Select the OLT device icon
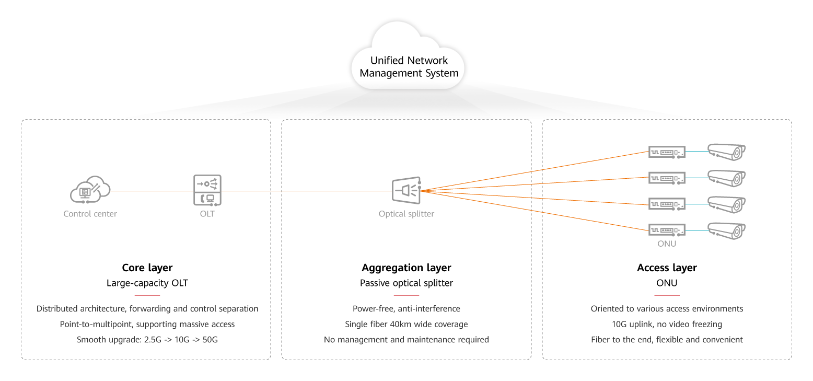(207, 190)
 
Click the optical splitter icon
(406, 190)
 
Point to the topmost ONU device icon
(667, 152)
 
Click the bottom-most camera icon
(726, 230)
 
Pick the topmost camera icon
(726, 152)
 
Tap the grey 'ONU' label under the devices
(667, 244)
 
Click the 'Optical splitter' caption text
(406, 214)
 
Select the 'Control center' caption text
(90, 214)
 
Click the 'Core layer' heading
(147, 268)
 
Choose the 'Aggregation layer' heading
(406, 268)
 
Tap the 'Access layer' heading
(667, 268)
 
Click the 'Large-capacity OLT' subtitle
(147, 283)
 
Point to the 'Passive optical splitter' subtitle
(406, 283)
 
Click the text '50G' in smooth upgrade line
(209, 340)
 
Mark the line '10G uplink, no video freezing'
(667, 325)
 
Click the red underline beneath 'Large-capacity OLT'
(147, 295)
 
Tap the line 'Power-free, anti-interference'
(406, 309)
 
